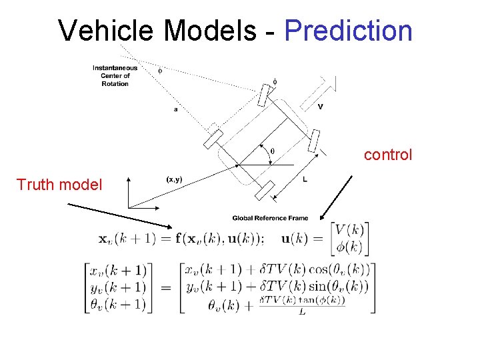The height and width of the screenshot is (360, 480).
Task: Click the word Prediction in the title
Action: pos(349,31)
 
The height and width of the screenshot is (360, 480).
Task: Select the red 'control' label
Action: pos(388,155)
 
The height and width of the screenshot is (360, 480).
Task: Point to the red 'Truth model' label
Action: pos(59,185)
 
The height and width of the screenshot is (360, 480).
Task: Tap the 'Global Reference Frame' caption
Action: pos(271,218)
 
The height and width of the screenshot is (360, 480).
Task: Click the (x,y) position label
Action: pos(173,179)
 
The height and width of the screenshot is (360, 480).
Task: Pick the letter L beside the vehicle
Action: pos(305,179)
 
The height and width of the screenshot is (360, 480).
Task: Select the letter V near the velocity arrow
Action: pos(321,106)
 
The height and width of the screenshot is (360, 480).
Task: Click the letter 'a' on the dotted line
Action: pos(175,109)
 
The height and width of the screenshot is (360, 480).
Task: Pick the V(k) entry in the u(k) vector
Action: pos(349,231)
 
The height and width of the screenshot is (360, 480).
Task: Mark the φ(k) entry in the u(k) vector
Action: pos(349,247)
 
